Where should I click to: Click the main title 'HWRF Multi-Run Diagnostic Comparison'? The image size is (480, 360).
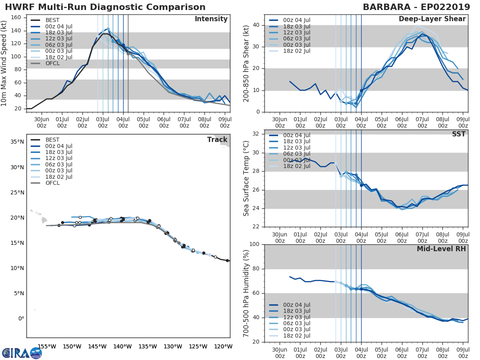click(x=105, y=7)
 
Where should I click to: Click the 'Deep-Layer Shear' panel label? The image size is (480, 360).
click(x=432, y=19)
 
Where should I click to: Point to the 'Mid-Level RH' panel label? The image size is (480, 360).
click(x=441, y=249)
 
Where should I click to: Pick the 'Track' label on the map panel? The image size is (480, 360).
click(x=217, y=140)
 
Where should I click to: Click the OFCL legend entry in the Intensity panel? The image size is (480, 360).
click(x=52, y=64)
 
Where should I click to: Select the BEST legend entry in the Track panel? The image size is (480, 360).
click(x=53, y=140)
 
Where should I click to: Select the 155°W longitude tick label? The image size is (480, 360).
click(x=46, y=347)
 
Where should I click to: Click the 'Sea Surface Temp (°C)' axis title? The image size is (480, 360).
click(x=247, y=178)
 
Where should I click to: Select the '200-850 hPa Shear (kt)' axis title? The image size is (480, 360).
click(x=247, y=63)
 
